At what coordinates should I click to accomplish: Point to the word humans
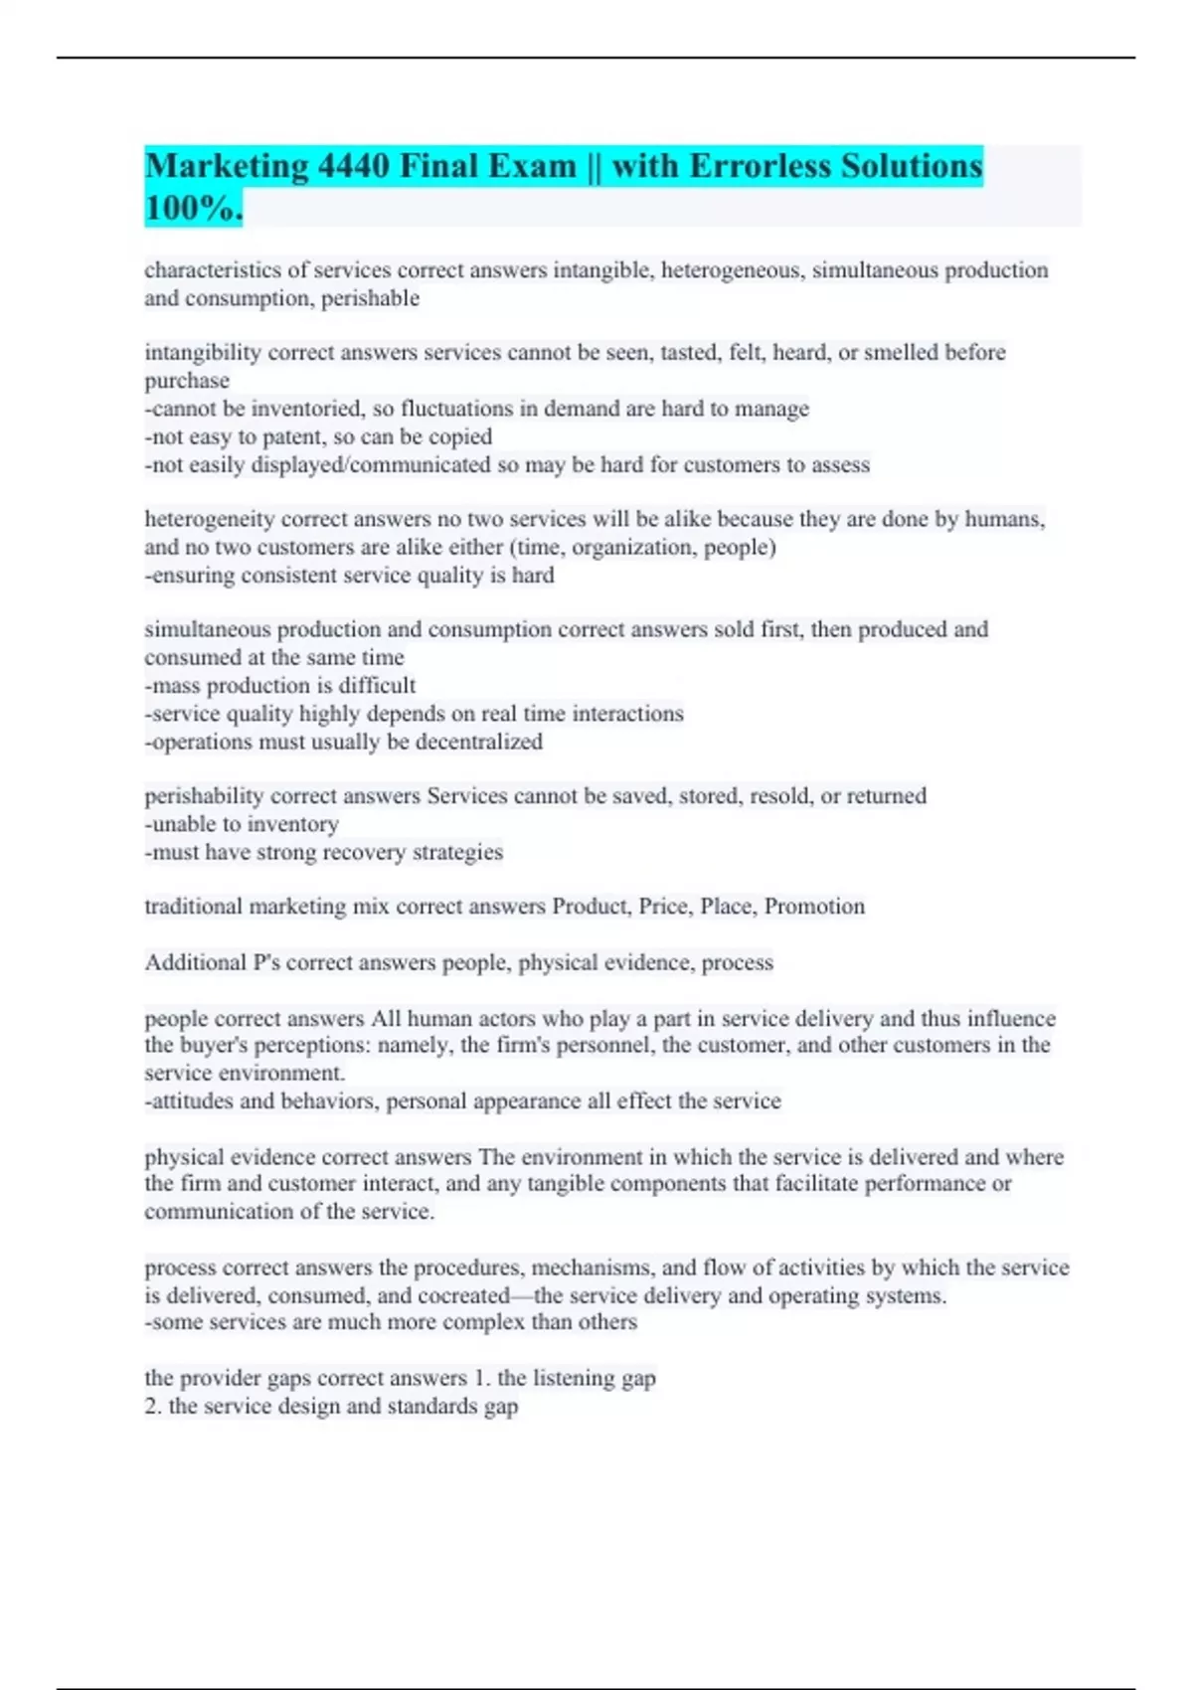1004,519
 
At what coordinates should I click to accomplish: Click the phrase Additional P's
212,962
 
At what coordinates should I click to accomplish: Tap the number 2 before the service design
151,1406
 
